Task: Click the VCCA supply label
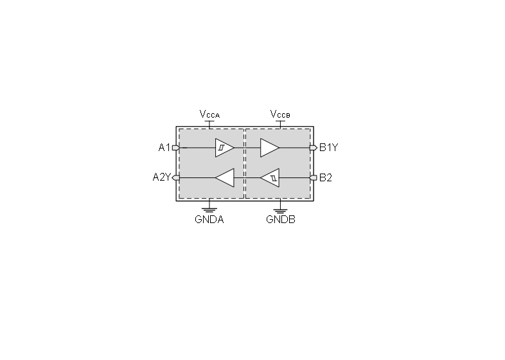209,114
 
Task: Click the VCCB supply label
280,114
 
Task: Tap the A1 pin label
164,148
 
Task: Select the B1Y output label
328,148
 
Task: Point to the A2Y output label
162,177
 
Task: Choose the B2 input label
326,177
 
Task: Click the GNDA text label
209,219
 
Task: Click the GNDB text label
281,219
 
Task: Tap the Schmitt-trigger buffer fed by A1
224,148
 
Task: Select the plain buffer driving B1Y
270,148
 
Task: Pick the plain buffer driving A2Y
224,177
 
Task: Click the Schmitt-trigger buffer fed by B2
270,177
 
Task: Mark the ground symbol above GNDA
209,210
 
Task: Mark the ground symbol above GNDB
280,210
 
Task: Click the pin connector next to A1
176,148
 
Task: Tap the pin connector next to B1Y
314,148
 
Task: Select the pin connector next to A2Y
176,177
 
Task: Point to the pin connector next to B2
313,177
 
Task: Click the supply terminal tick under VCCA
209,123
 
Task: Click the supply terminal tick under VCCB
280,123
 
